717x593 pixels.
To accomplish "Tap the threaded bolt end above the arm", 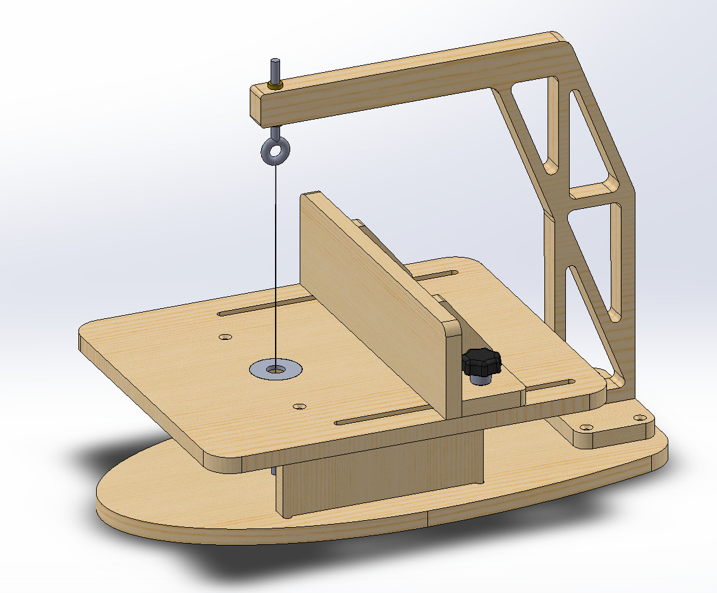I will [275, 68].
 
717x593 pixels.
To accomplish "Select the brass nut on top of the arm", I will [275, 85].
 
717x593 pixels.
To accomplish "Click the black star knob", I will [481, 363].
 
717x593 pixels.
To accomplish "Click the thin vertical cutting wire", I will [276, 266].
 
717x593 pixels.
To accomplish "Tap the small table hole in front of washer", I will [300, 406].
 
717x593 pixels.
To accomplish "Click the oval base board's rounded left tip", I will [104, 500].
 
